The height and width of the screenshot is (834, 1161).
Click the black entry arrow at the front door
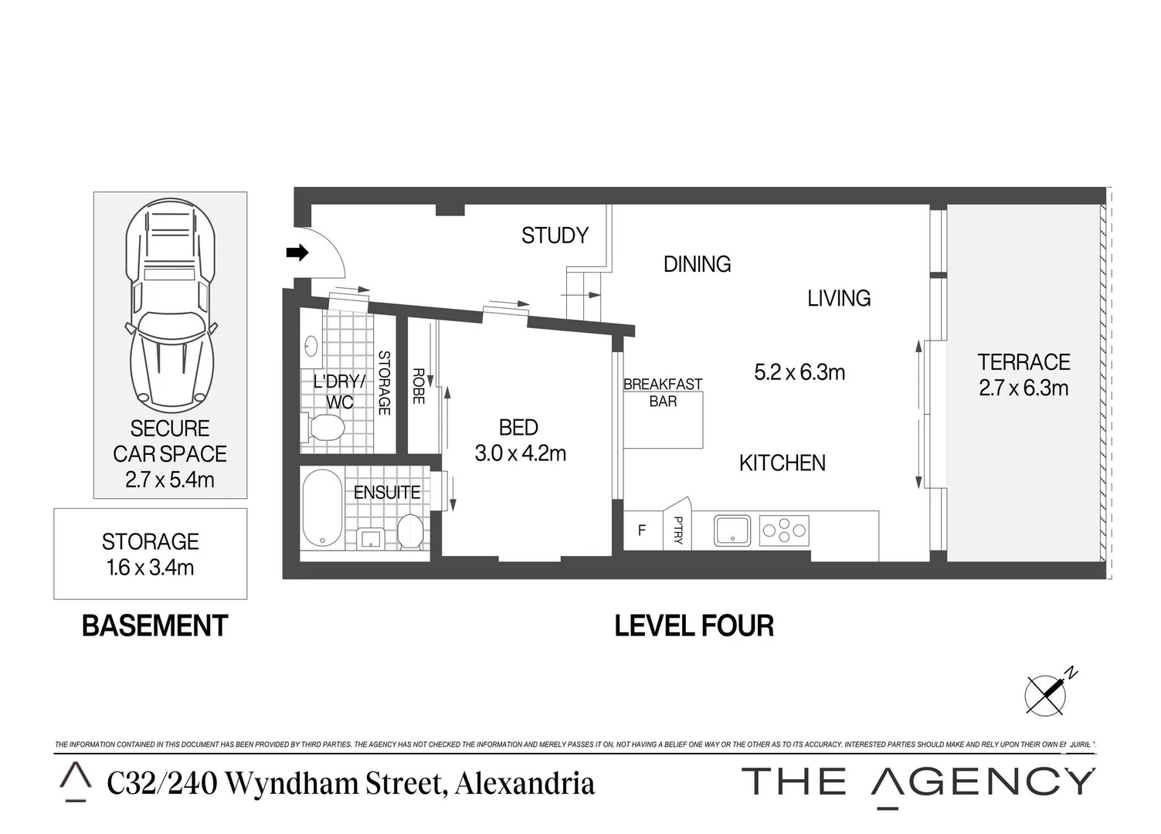297,253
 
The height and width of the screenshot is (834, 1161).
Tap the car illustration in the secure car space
170,305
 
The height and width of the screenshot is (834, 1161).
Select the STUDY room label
555,236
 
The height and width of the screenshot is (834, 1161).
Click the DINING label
697,264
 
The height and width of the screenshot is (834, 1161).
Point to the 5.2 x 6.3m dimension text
799,372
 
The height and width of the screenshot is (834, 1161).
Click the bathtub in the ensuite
322,508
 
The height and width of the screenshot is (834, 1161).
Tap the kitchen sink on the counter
731,531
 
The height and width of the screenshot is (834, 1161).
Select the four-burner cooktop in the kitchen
784,531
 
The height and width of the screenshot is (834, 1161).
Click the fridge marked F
641,531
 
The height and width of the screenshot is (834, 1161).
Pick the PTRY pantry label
677,531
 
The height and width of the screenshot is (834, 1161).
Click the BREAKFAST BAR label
663,392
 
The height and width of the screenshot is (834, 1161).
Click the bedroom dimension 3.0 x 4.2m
520,453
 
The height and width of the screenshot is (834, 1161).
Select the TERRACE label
1024,362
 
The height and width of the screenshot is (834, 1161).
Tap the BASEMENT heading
154,625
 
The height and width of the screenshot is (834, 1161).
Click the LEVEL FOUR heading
694,625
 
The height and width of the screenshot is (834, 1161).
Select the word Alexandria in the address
524,783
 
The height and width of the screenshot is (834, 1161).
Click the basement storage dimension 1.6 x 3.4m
150,568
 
